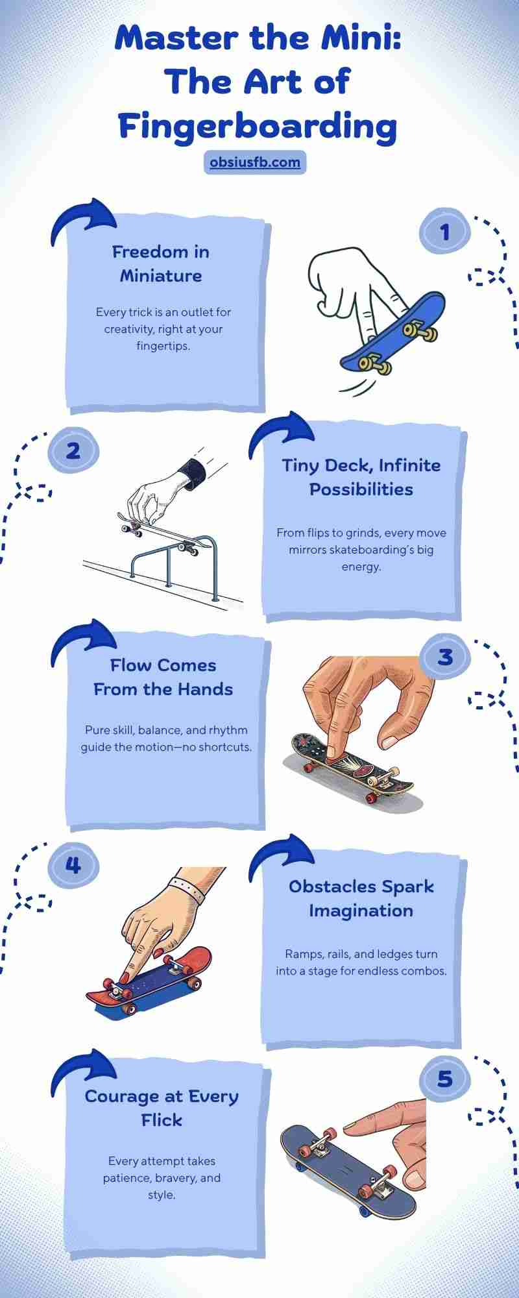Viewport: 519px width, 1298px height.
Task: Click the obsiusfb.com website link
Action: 255,162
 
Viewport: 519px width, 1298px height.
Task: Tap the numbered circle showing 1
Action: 444,231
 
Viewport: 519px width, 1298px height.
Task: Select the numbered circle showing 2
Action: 73,449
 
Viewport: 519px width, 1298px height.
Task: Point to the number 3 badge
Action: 444,656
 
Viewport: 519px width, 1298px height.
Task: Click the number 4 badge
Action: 73,864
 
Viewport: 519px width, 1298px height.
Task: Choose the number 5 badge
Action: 444,1079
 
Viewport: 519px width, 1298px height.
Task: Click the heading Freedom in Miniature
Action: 161,263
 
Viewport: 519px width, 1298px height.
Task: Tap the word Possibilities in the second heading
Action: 361,489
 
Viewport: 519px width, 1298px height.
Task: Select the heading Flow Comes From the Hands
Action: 163,677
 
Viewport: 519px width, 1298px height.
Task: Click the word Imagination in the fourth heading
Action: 361,911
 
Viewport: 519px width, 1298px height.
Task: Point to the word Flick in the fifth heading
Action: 162,1120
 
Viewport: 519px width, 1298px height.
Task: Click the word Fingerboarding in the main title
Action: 258,126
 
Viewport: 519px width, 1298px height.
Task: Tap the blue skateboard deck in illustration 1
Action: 394,331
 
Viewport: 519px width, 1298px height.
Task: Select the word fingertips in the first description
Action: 163,346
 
